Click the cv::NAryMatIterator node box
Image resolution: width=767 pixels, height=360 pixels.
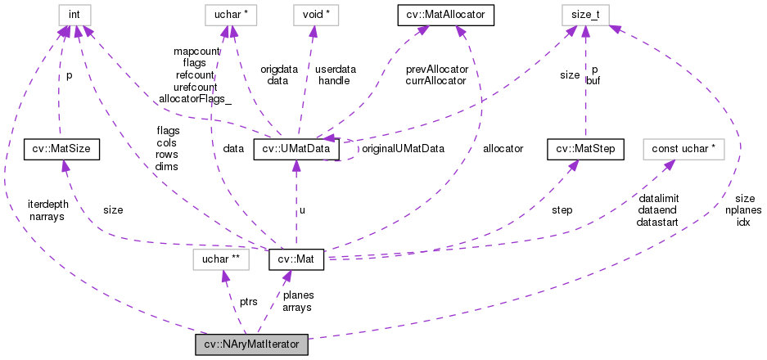(251, 344)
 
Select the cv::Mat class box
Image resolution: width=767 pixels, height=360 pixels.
(296, 260)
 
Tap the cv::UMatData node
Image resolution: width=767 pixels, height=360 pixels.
(296, 149)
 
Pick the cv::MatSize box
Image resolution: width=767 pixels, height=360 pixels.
(61, 149)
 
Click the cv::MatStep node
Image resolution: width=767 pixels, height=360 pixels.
(586, 149)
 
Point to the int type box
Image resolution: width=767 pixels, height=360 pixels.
(61, 15)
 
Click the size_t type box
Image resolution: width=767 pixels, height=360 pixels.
(586, 15)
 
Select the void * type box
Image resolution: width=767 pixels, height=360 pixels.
(315, 15)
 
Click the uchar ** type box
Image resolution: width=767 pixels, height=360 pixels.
(216, 260)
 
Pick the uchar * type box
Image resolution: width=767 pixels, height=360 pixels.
(231, 15)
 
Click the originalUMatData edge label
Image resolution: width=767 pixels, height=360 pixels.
(403, 149)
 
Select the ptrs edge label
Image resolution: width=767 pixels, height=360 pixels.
(249, 302)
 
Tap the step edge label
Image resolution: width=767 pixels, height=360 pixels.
(562, 209)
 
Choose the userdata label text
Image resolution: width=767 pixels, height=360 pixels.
(334, 70)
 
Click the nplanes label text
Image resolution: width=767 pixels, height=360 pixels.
(743, 210)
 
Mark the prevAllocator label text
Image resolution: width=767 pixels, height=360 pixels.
(435, 70)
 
